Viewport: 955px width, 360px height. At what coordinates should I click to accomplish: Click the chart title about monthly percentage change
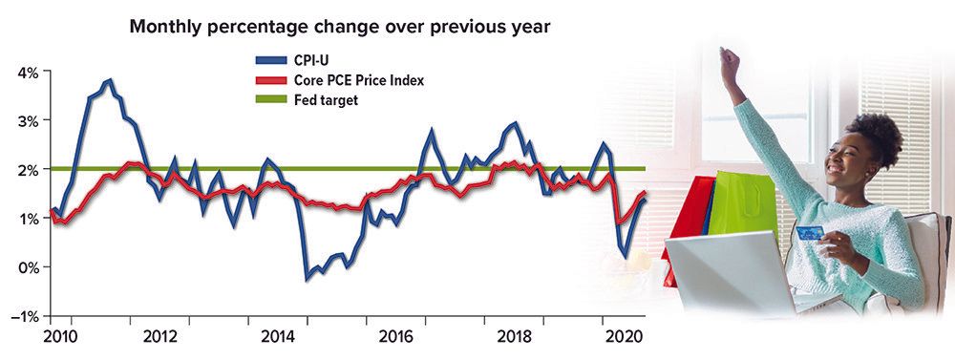[x=340, y=27]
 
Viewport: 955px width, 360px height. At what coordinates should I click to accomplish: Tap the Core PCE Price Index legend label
[x=359, y=80]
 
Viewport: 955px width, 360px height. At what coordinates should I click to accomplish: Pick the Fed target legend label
[x=326, y=100]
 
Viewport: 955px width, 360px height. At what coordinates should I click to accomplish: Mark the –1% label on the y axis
[x=25, y=316]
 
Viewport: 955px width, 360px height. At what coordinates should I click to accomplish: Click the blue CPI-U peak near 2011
[x=109, y=80]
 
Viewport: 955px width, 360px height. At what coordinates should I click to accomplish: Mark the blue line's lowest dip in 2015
[x=307, y=279]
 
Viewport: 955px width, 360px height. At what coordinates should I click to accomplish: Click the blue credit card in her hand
[x=810, y=233]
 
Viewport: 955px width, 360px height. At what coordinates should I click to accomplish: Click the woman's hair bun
[x=878, y=135]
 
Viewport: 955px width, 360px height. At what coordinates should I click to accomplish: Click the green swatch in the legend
[x=270, y=100]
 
